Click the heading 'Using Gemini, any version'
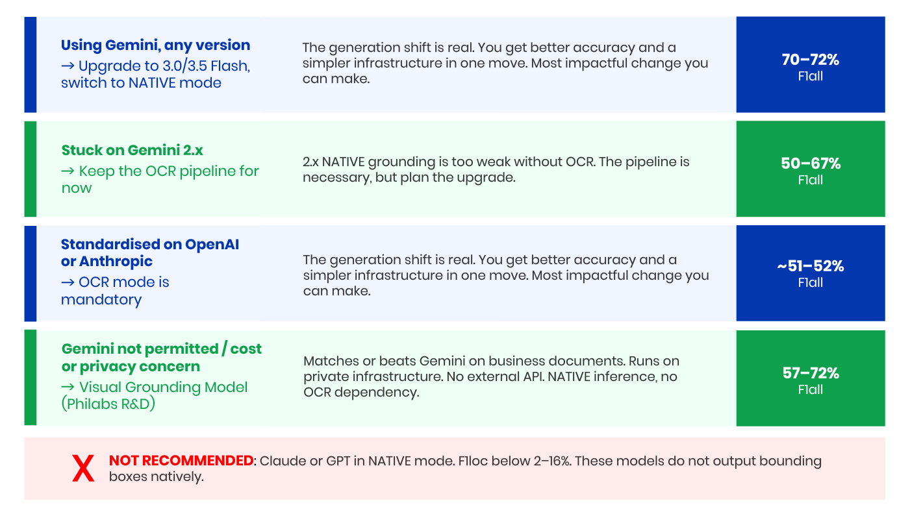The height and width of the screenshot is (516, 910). pos(155,45)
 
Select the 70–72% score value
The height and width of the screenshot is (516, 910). pos(811,60)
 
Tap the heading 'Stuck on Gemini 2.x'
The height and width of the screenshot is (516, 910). pos(132,150)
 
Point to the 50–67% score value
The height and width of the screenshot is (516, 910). pos(811,163)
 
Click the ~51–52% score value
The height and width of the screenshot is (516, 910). pos(811,266)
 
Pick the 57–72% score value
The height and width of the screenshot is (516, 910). pos(811,373)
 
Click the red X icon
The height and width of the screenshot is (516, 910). pos(83,468)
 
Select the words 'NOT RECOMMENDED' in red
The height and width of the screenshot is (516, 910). pos(181,461)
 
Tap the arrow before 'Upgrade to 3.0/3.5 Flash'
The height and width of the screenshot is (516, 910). pos(68,66)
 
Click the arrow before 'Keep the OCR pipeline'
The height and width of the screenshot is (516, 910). pos(68,171)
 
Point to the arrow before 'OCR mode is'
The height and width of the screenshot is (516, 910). pos(68,282)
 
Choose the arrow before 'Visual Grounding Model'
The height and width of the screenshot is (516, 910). pos(68,387)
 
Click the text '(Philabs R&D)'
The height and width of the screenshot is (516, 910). pos(108,404)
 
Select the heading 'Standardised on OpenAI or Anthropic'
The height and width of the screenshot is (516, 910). pos(150,252)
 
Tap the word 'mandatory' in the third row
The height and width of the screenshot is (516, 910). pos(101,300)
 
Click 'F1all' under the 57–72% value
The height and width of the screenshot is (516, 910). pos(811,389)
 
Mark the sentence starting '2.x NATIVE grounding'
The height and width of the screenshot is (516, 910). pos(496,169)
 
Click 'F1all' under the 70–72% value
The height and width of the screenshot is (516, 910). pos(811,77)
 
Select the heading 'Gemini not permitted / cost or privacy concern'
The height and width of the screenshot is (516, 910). pos(161,357)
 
